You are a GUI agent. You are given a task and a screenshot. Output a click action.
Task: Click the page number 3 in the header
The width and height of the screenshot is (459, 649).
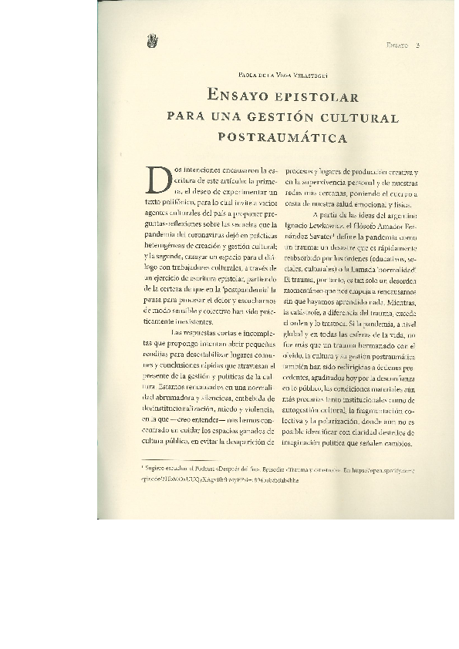[416, 45]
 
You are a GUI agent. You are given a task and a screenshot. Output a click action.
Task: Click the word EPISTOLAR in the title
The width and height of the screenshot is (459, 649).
[319, 98]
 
